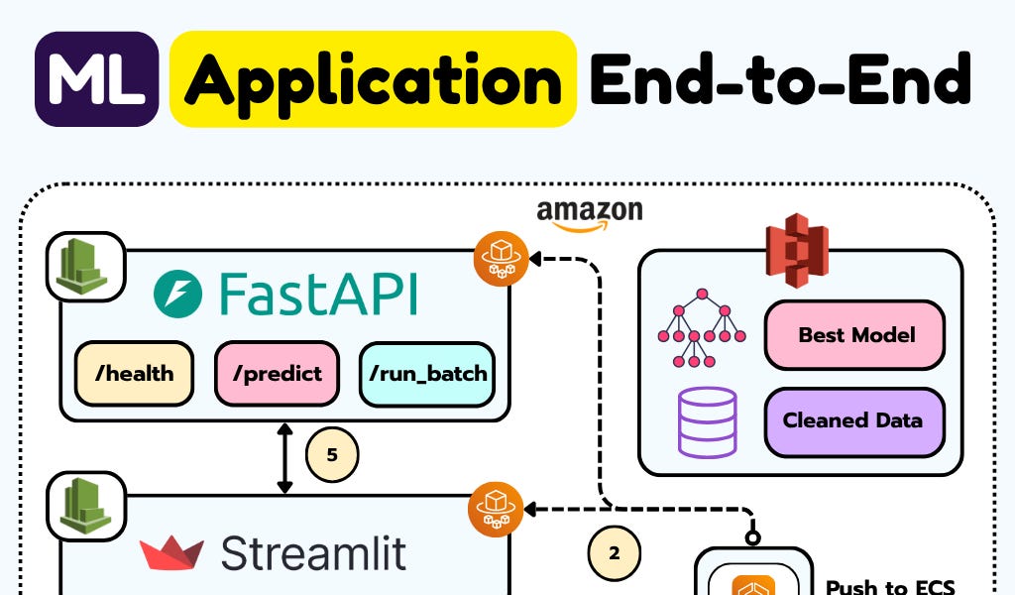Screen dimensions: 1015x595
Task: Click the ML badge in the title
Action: [96, 79]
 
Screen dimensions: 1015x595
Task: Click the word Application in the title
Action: [373, 79]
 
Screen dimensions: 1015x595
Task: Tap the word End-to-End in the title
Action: [781, 79]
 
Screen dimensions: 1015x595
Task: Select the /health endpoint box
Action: [134, 374]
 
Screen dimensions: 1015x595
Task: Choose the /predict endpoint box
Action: [278, 374]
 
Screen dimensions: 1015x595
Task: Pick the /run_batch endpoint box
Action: [427, 374]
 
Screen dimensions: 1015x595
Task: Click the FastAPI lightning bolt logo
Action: [178, 294]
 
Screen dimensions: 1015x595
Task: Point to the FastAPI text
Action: [318, 294]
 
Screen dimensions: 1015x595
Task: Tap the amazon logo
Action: [590, 215]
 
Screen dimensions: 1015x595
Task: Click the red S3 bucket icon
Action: [797, 250]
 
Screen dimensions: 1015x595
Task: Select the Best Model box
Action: [854, 335]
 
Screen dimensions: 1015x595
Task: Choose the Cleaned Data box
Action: [854, 420]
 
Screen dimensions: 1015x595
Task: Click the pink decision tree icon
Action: [702, 328]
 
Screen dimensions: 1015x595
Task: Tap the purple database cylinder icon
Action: [707, 422]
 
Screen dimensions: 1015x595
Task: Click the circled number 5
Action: [332, 454]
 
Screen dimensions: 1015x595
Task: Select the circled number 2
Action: [615, 553]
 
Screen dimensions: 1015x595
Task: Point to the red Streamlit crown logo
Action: [171, 553]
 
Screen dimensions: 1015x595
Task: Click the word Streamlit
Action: [313, 553]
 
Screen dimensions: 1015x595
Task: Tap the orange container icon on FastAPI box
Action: [501, 259]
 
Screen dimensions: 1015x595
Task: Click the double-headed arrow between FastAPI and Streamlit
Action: [284, 458]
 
